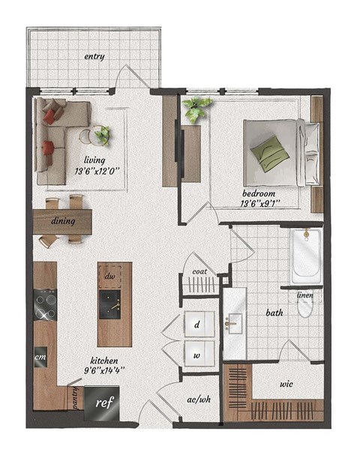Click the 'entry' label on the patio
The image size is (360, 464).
[x=94, y=56]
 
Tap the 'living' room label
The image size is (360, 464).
[x=94, y=160]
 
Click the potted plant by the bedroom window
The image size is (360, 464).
[x=197, y=109]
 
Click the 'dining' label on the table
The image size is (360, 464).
[x=63, y=221]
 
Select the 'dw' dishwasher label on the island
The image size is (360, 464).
[x=109, y=276]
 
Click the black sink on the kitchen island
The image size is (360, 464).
[x=114, y=304]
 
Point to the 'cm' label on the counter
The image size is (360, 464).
[x=41, y=358]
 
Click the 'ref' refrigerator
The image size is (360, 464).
[x=102, y=401]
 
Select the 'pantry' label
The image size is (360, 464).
[x=76, y=398]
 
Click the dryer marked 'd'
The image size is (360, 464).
[x=196, y=325]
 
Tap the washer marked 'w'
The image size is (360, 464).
[x=196, y=355]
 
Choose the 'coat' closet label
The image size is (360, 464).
[x=199, y=272]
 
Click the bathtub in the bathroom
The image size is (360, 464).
[x=306, y=256]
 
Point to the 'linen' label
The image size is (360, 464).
[x=305, y=295]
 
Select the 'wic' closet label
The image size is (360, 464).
[x=286, y=383]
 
